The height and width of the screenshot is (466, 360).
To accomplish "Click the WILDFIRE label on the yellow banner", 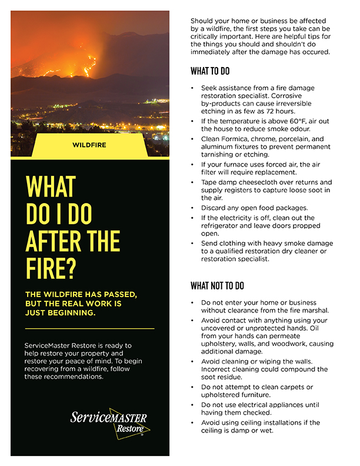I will tap(89, 144).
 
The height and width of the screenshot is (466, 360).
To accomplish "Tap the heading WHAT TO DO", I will tap(210, 72).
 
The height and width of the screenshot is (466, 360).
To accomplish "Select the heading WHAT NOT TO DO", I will tap(217, 286).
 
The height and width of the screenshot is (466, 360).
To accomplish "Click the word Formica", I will tap(239, 139).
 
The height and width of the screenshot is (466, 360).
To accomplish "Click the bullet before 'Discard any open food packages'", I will tap(193, 208).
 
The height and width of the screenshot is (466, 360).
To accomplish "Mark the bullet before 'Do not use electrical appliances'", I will tap(193, 405).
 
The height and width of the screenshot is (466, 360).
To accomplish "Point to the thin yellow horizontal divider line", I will tap(90, 328).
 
